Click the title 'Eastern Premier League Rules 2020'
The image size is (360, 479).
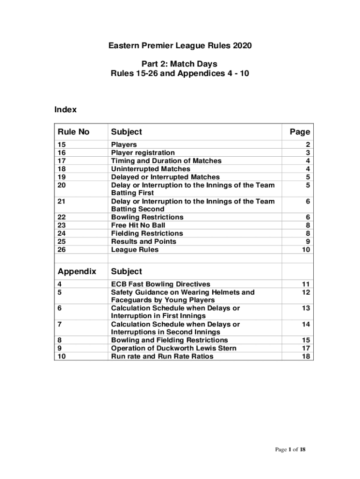point(180,46)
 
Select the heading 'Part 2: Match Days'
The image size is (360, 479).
point(180,63)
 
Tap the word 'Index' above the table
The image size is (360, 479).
point(65,110)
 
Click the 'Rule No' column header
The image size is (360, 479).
point(73,132)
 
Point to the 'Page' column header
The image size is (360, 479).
point(300,132)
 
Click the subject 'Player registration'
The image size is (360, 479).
point(143,153)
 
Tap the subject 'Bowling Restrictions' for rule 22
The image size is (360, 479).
point(147,218)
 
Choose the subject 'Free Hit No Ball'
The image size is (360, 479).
point(138,225)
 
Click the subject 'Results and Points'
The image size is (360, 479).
point(144,241)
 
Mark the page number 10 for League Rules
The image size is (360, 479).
point(305,250)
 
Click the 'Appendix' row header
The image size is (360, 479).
point(77,271)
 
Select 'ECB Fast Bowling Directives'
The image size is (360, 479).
point(160,284)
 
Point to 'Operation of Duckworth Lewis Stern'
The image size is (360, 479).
point(173,348)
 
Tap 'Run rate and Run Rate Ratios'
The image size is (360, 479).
point(162,356)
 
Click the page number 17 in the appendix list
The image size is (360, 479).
point(305,348)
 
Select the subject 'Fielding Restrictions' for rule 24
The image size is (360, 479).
point(147,233)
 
